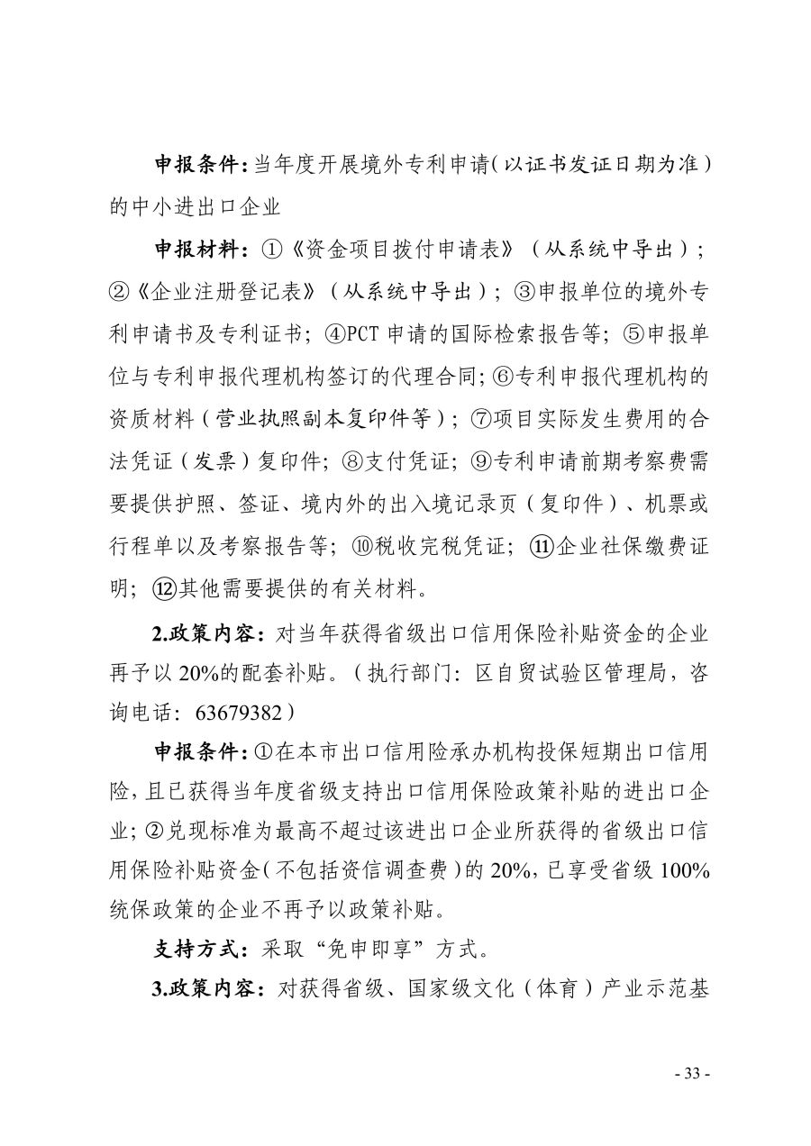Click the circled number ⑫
tap(162, 591)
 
